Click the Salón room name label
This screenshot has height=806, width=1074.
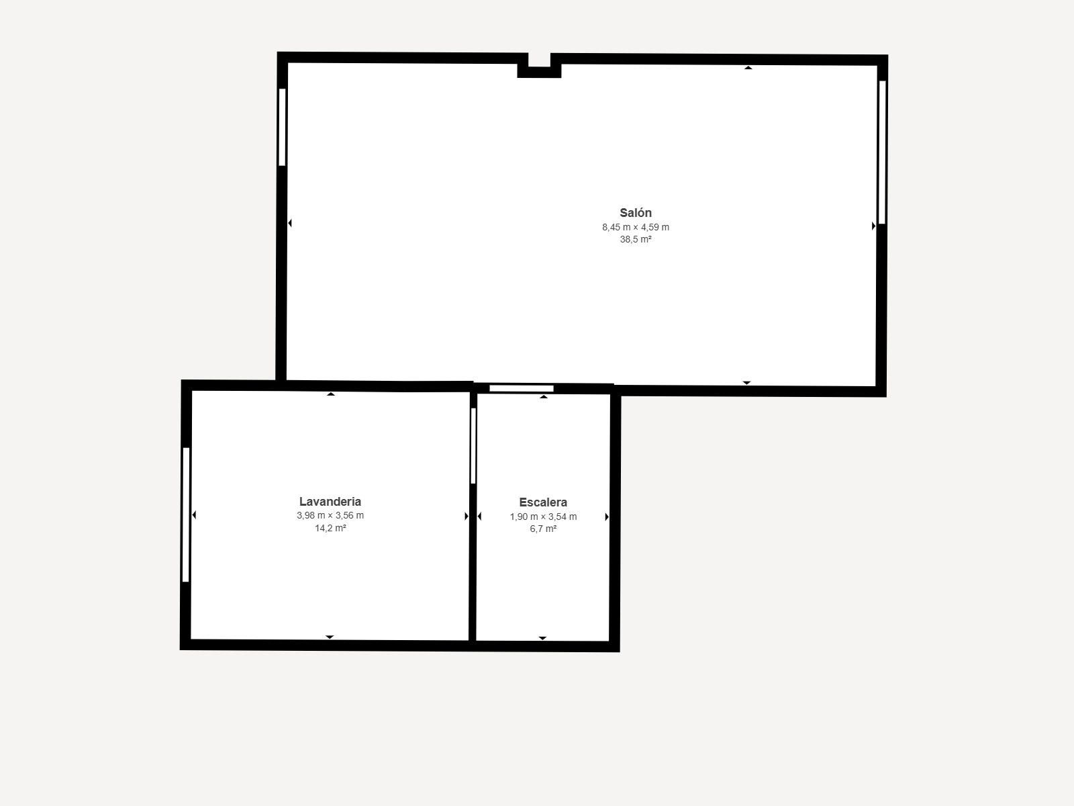636,213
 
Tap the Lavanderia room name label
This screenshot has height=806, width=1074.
330,502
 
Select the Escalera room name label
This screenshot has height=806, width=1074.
543,502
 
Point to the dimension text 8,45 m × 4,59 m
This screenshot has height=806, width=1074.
636,227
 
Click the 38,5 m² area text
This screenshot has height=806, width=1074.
636,239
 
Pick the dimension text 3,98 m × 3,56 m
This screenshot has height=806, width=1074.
330,515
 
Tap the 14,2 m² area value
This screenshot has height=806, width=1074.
330,528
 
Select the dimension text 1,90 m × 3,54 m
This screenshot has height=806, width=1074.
543,517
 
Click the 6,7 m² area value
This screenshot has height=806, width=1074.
543,529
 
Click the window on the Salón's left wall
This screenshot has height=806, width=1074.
282,127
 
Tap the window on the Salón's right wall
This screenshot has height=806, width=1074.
882,152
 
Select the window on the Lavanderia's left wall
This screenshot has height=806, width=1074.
186,514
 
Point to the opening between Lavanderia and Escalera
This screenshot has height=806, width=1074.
473,446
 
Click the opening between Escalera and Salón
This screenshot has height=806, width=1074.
522,389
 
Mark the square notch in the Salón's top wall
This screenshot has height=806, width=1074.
539,66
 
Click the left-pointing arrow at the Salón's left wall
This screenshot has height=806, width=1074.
290,223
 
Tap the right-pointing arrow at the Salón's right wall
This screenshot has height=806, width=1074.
873,226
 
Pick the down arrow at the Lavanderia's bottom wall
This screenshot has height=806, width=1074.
330,637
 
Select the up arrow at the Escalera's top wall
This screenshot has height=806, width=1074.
544,397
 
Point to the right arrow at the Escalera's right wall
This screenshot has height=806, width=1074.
607,517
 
